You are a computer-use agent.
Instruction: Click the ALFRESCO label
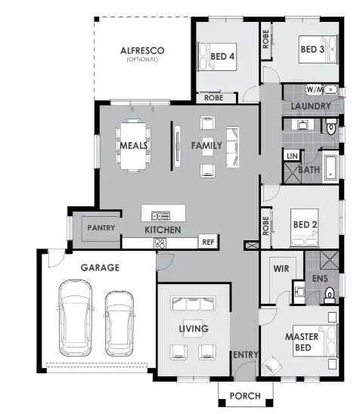[142, 51]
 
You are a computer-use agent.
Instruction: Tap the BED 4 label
[222, 56]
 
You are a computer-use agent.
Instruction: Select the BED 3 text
[312, 50]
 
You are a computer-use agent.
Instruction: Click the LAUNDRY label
[310, 107]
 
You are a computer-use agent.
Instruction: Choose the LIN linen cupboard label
[291, 156]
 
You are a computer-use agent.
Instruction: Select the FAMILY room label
[206, 145]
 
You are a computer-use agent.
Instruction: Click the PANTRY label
[101, 227]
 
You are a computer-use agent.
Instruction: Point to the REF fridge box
[207, 243]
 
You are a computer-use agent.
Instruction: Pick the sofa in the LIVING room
[193, 304]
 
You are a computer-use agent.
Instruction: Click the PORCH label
[244, 396]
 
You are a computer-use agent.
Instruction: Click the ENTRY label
[244, 355]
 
